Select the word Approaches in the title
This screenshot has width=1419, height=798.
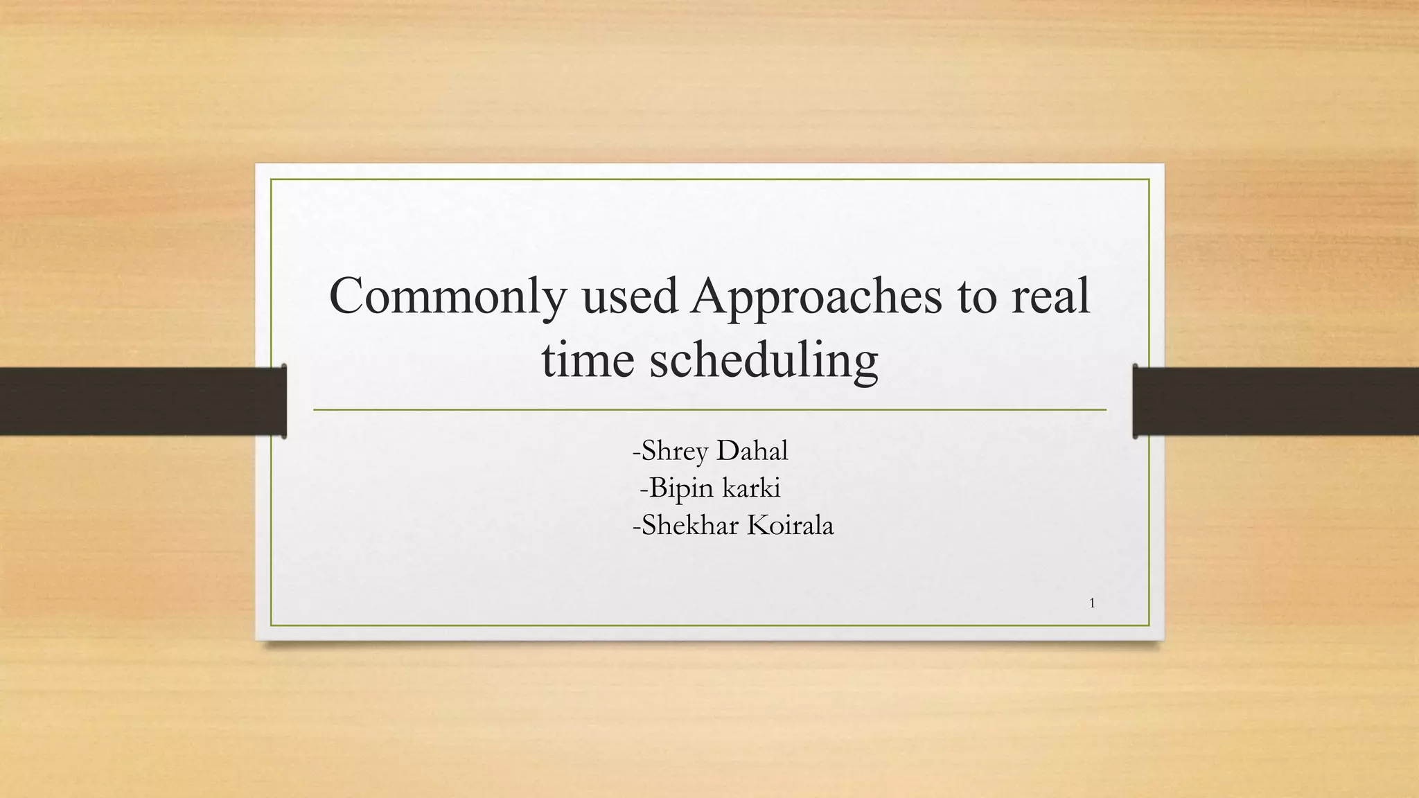click(816, 296)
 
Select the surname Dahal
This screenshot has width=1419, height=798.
click(752, 451)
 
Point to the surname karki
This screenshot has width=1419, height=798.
click(751, 488)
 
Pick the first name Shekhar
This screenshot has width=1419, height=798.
click(689, 525)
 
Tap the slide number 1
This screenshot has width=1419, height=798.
click(1092, 603)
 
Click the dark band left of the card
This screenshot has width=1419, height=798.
click(139, 401)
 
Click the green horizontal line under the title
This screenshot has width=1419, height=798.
click(709, 410)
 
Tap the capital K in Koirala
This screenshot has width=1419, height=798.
click(756, 525)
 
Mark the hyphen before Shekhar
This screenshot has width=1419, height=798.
click(636, 526)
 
